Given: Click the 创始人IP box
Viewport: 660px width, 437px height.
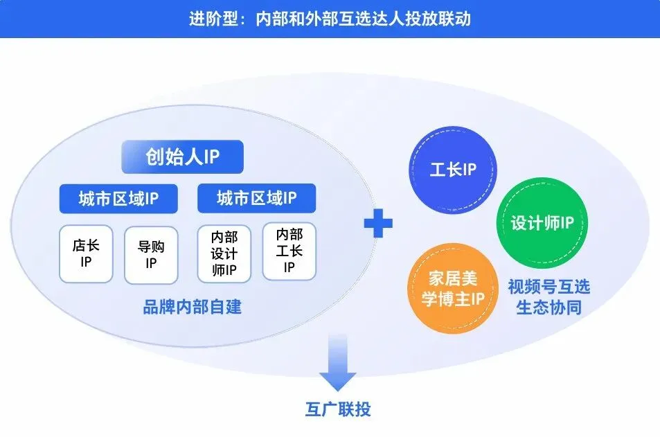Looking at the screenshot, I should pyautogui.click(x=182, y=157).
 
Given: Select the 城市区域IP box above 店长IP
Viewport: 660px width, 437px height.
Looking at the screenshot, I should pyautogui.click(x=118, y=199).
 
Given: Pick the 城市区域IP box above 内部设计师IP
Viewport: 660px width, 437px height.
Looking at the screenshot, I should pyautogui.click(x=256, y=199).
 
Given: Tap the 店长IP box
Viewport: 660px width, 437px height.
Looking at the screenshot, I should pyautogui.click(x=86, y=254).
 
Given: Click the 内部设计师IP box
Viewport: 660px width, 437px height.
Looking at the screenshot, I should pyautogui.click(x=224, y=254).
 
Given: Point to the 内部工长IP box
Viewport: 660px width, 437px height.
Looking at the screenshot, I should pyautogui.click(x=289, y=251).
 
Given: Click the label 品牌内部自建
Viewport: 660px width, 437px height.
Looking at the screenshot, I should pyautogui.click(x=193, y=306).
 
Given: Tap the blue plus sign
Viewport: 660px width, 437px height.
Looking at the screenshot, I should pyautogui.click(x=378, y=222).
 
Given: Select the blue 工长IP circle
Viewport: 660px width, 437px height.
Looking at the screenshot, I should pyautogui.click(x=453, y=170).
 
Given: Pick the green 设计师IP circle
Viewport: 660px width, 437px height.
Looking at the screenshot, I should pyautogui.click(x=542, y=223).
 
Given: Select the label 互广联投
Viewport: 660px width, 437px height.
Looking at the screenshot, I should pyautogui.click(x=337, y=409).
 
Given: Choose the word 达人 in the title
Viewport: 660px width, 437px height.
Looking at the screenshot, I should pyautogui.click(x=386, y=19).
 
